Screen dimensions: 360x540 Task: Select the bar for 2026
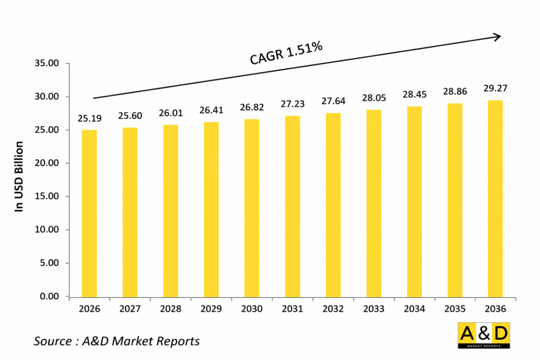[89, 213]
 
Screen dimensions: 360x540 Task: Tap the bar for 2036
[495, 199]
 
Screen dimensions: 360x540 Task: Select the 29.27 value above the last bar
[495, 87]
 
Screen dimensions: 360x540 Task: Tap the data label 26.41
[211, 108]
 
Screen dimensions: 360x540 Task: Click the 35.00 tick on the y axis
[47, 63]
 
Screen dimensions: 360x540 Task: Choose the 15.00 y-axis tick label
[47, 197]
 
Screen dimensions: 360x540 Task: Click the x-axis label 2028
[170, 309]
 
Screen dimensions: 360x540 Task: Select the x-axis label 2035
[455, 309]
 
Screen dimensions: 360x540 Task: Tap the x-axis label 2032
[333, 309]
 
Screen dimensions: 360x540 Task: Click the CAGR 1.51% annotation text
[286, 53]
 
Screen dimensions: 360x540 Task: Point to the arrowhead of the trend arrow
[497, 36]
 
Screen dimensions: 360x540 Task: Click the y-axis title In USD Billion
[20, 177]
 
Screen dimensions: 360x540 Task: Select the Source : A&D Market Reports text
[117, 341]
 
